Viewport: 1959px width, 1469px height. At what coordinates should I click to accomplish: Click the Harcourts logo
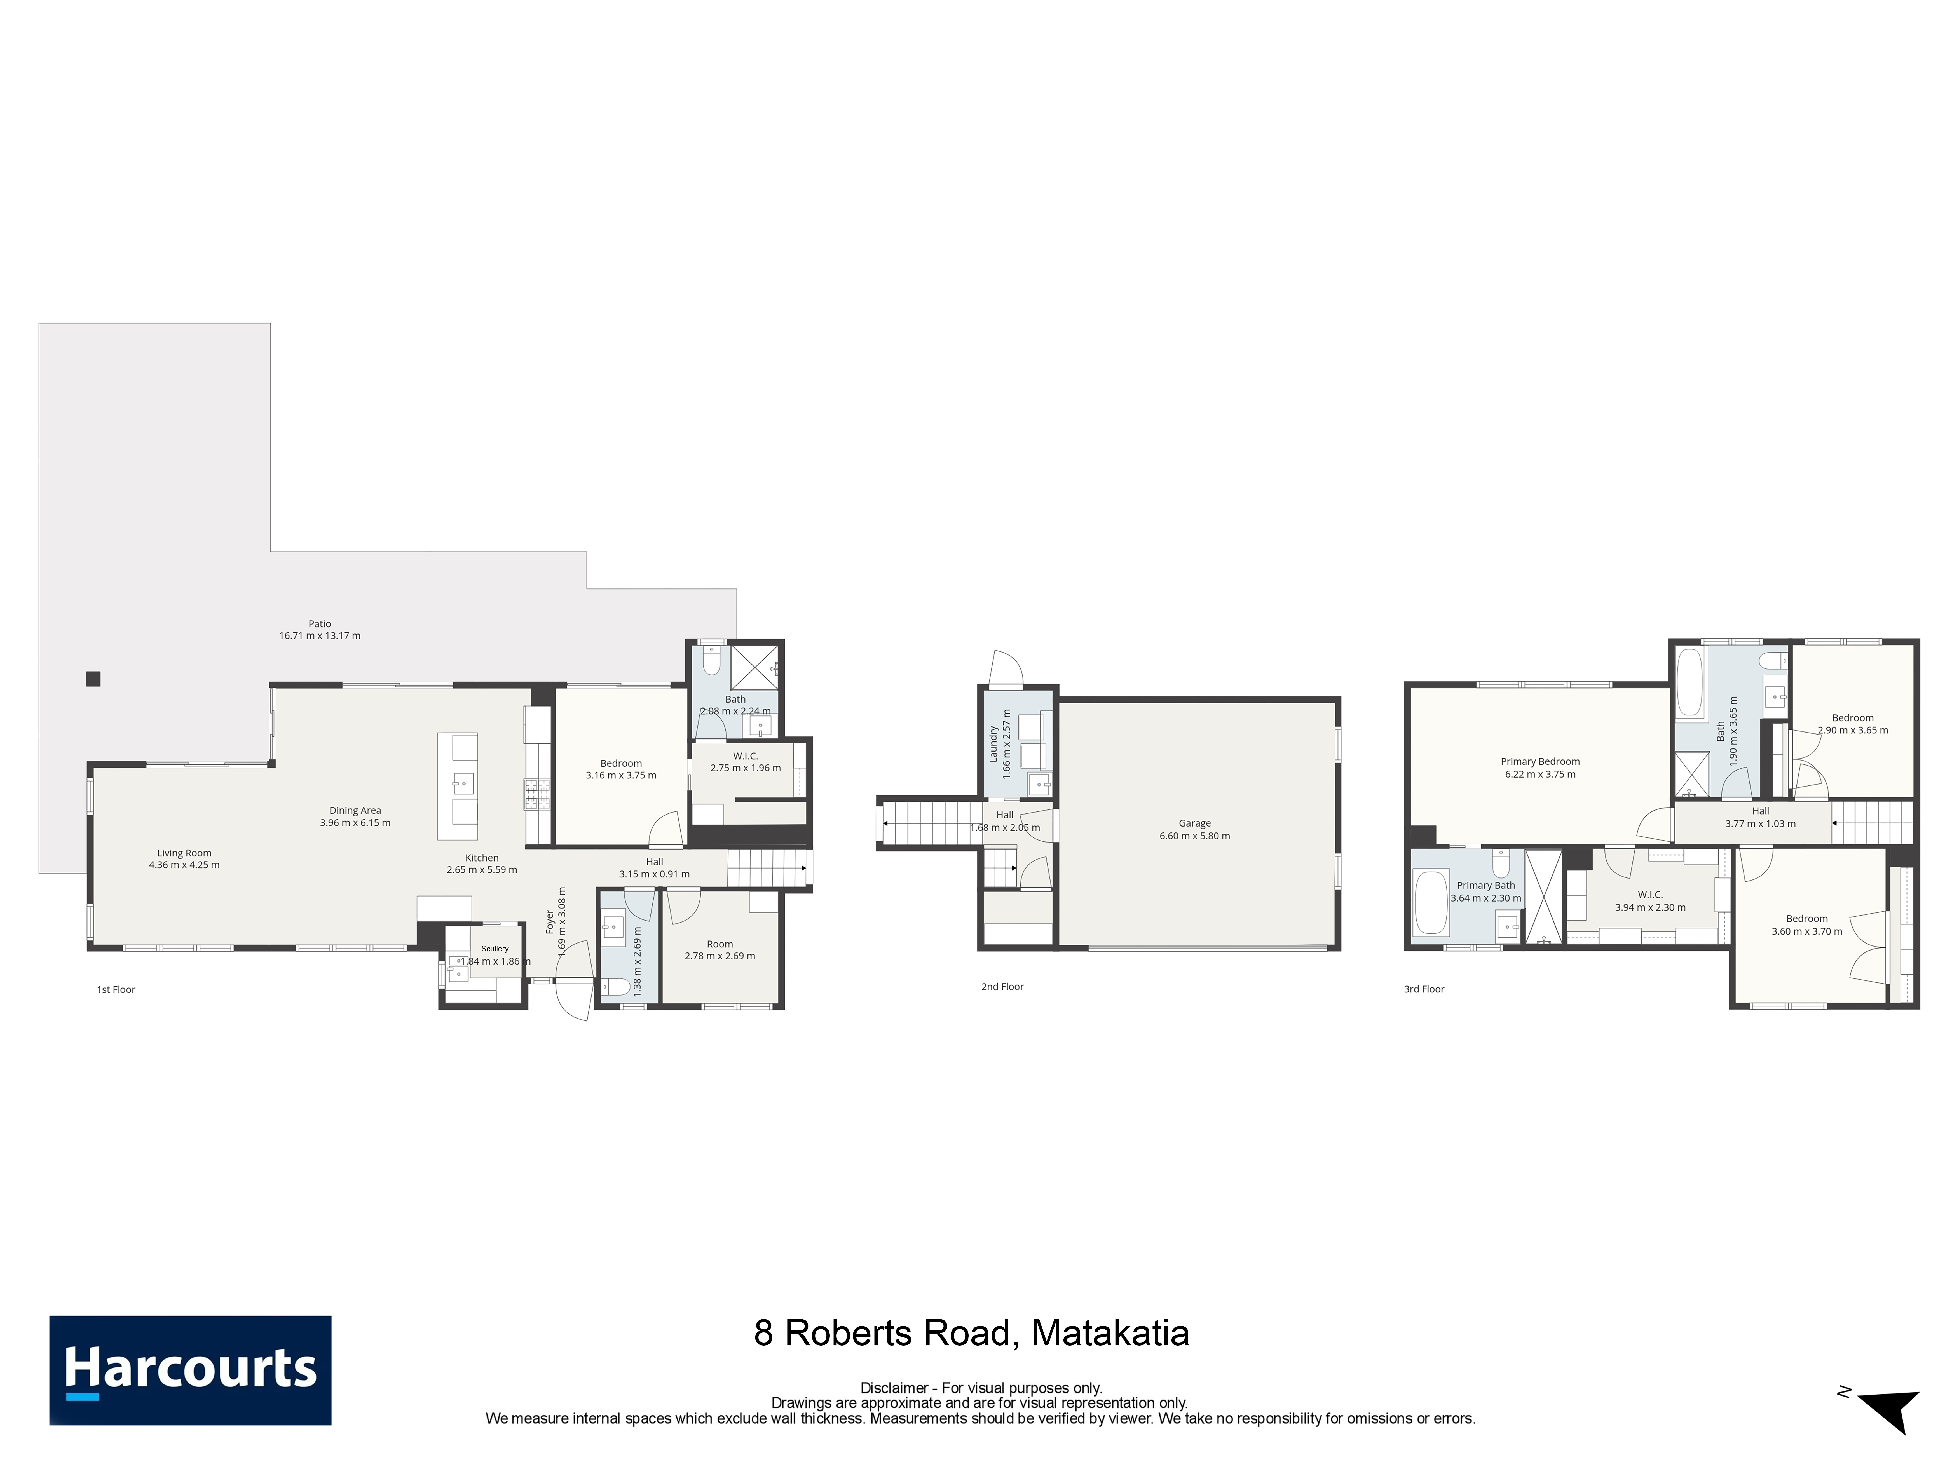click(x=190, y=1370)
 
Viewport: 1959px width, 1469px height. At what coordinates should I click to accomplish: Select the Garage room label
click(x=1195, y=823)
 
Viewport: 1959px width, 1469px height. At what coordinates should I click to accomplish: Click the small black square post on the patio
click(x=93, y=679)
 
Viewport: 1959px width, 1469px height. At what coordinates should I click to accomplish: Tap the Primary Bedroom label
click(x=1540, y=762)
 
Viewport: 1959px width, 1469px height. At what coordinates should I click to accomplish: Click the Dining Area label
click(x=355, y=810)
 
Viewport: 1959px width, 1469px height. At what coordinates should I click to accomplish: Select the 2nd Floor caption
click(x=1002, y=986)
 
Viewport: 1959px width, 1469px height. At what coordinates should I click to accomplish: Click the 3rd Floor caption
click(x=1424, y=989)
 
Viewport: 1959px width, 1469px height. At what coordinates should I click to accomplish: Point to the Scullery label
click(x=495, y=948)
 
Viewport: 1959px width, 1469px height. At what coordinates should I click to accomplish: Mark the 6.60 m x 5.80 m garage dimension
click(x=1195, y=836)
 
